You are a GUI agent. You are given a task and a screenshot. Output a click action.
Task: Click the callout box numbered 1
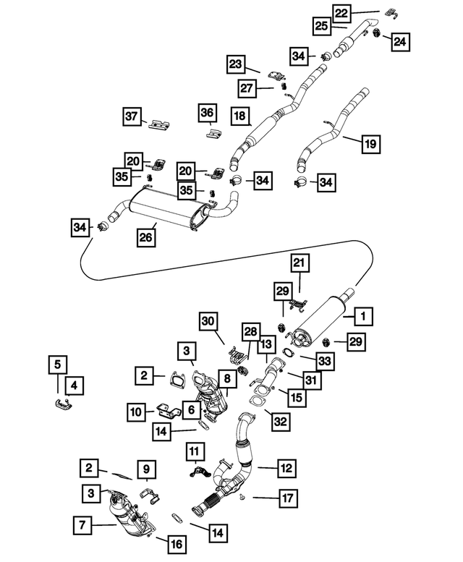click(x=363, y=315)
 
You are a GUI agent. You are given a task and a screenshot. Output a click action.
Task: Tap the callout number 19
click(x=369, y=145)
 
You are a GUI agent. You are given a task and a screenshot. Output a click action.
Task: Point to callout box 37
click(x=131, y=116)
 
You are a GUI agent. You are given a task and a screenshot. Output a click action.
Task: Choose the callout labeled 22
click(x=341, y=12)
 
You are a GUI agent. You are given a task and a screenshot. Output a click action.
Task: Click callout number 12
click(x=286, y=469)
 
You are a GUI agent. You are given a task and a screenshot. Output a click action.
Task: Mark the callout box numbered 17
click(x=287, y=498)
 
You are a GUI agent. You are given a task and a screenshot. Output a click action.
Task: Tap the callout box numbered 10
click(x=137, y=412)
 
